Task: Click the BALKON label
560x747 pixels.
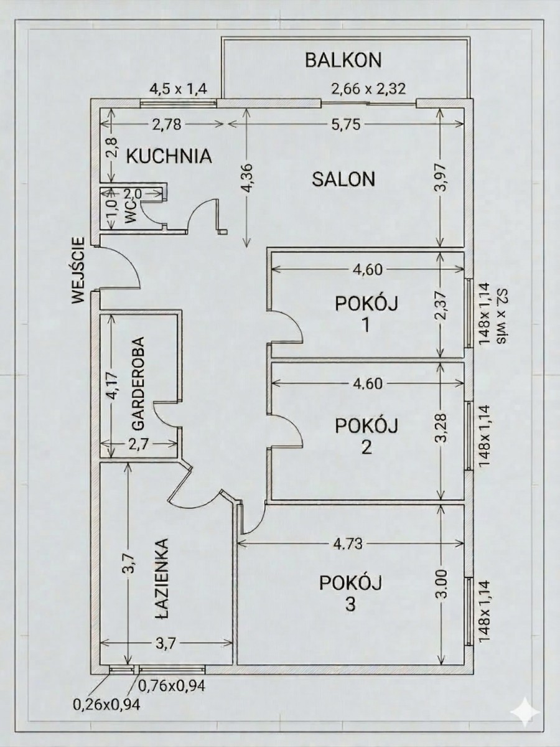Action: [343, 60]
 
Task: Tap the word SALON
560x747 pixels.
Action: [343, 179]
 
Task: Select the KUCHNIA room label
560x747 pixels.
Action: [169, 156]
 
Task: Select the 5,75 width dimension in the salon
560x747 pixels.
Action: [347, 125]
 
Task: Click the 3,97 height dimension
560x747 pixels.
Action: [442, 178]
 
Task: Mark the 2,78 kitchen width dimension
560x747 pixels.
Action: [167, 125]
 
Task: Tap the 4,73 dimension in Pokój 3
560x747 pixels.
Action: [347, 543]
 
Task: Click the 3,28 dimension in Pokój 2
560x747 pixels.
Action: [442, 428]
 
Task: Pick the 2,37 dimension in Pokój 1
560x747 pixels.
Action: [442, 305]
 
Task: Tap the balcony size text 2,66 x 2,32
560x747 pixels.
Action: [368, 89]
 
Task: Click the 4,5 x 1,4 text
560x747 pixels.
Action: [178, 89]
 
